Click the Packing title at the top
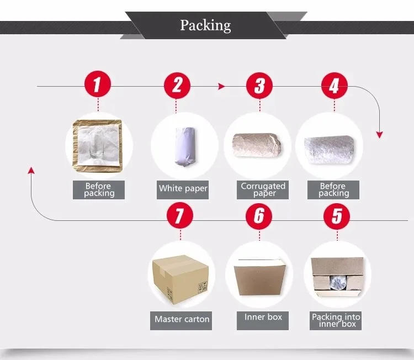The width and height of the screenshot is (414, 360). pyautogui.click(x=205, y=25)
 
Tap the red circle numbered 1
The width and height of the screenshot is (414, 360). pyautogui.click(x=98, y=85)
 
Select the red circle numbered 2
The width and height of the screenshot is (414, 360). pyautogui.click(x=177, y=85)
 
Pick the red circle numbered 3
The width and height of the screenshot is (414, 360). pyautogui.click(x=259, y=85)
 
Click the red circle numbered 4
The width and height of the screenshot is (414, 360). pyautogui.click(x=334, y=85)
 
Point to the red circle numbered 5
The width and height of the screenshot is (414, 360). pyautogui.click(x=337, y=216)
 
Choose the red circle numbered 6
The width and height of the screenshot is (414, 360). pyautogui.click(x=259, y=216)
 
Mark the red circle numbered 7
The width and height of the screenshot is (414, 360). pyautogui.click(x=179, y=216)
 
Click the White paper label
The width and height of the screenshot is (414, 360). pyautogui.click(x=183, y=188)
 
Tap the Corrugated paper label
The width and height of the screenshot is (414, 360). pyautogui.click(x=263, y=189)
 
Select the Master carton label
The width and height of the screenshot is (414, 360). pyautogui.click(x=182, y=319)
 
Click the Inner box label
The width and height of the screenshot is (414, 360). pyautogui.click(x=263, y=317)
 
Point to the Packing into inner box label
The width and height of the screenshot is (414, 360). pyautogui.click(x=336, y=320)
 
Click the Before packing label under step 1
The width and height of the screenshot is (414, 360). pyautogui.click(x=99, y=189)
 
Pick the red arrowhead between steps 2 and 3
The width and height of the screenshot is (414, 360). pyautogui.click(x=222, y=86)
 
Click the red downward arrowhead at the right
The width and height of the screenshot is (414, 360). pyautogui.click(x=379, y=135)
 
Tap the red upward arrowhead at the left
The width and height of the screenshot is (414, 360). pyautogui.click(x=32, y=171)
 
